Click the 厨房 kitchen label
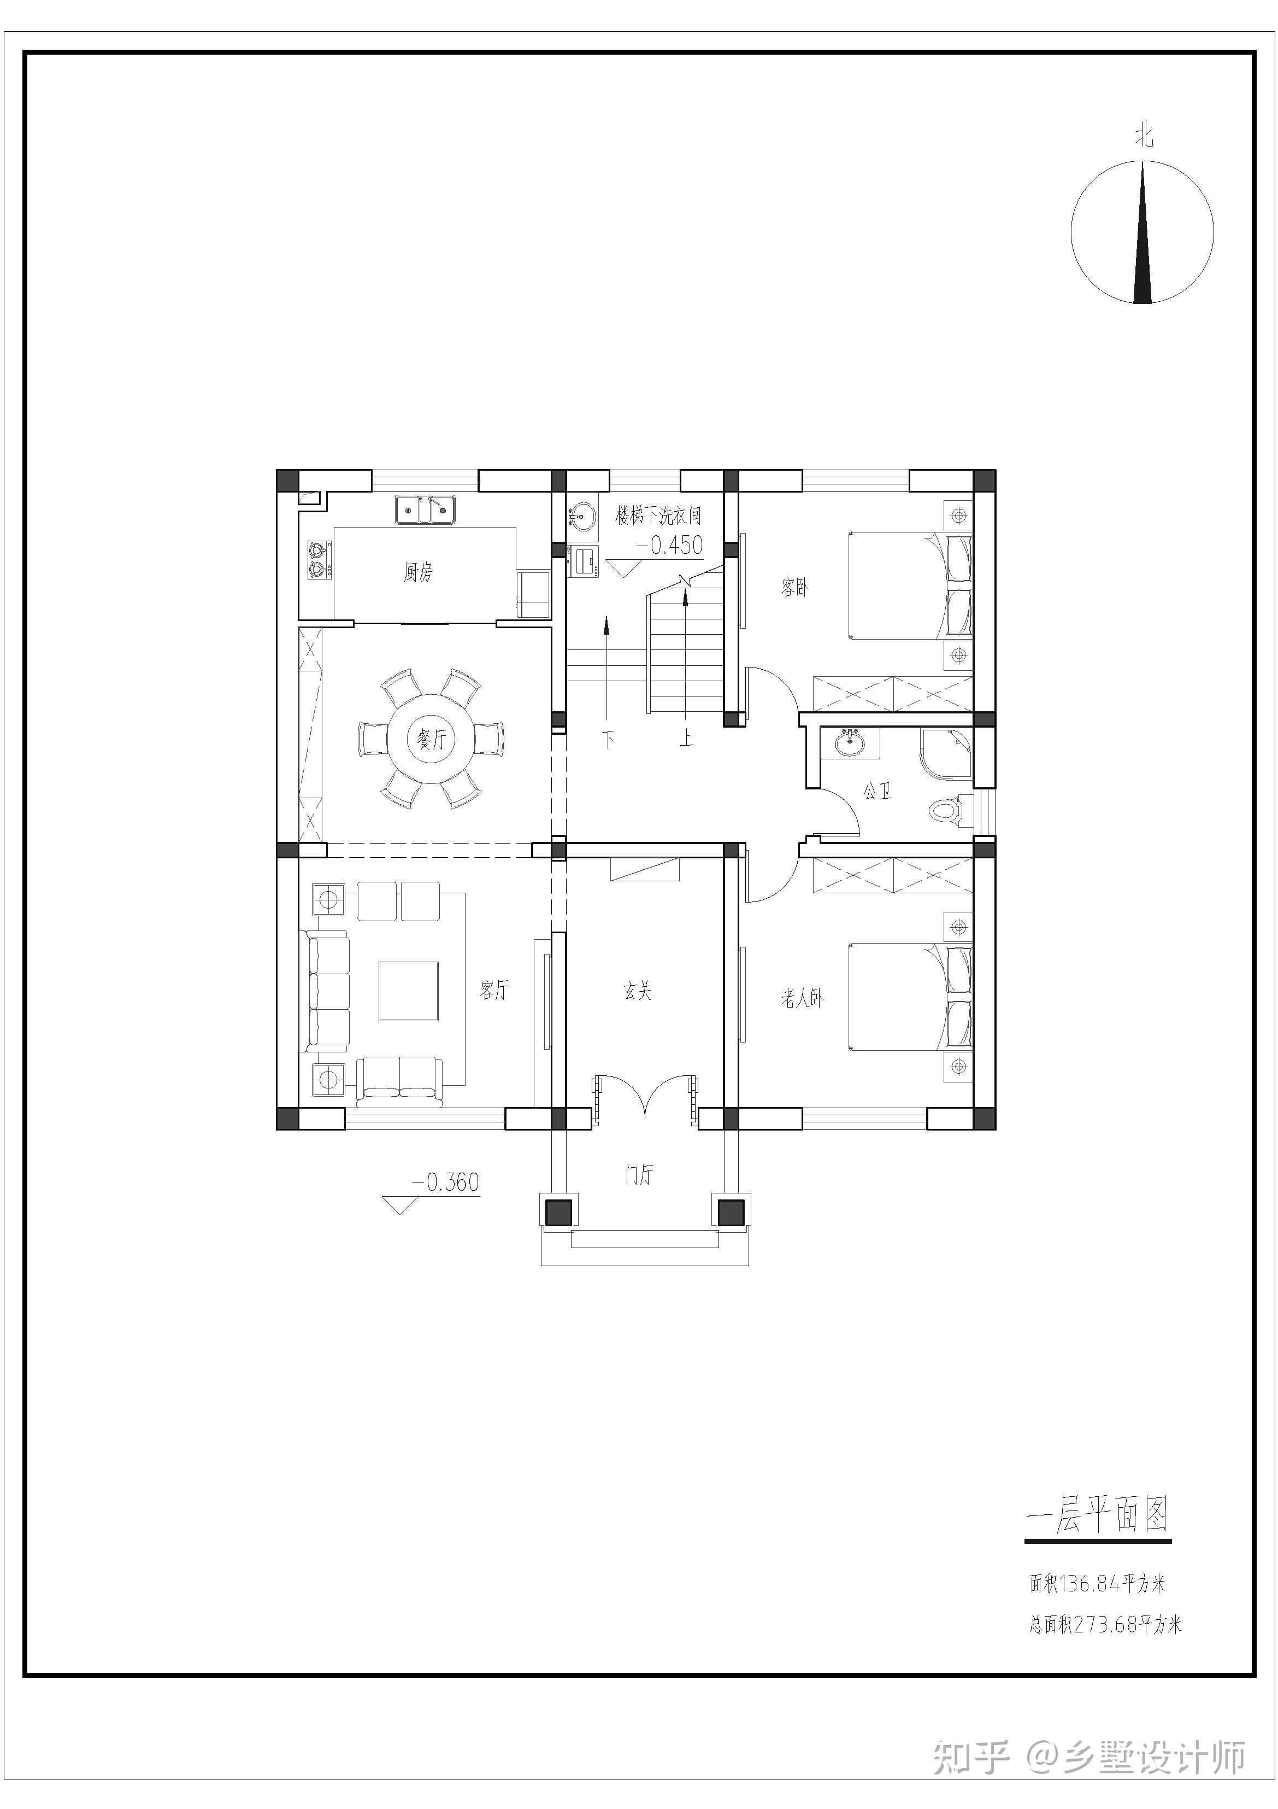pos(418,572)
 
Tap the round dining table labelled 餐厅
pos(432,739)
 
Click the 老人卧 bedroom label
pos(803,999)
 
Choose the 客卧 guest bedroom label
pos(796,588)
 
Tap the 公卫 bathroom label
pos(878,791)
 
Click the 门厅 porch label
pos(639,1175)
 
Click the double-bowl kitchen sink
pos(425,509)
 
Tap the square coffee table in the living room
pos(408,991)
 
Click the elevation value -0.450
pos(669,545)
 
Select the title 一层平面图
pos(1098,1515)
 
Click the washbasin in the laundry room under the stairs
pos(582,516)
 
